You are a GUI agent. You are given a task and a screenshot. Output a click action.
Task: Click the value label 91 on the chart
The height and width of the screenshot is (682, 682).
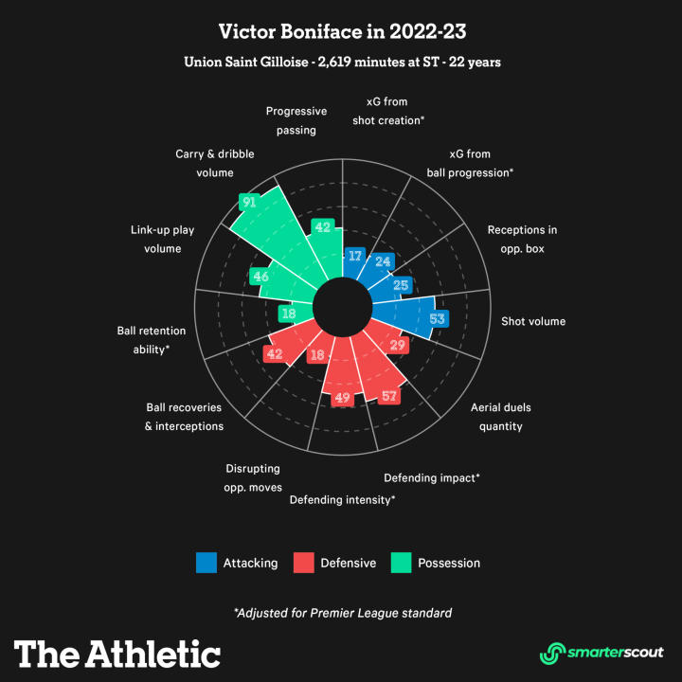point(249,202)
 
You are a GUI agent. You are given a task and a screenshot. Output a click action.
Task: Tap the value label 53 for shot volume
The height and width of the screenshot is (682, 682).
point(437,319)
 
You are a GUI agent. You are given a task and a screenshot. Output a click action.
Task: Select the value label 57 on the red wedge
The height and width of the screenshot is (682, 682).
point(388,396)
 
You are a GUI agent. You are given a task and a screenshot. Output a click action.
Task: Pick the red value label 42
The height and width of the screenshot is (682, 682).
point(274,353)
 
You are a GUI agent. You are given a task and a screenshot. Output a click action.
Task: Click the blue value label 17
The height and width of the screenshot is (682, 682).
point(355,256)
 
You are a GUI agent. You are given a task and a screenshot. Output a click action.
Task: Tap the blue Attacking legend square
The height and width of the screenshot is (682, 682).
point(206,563)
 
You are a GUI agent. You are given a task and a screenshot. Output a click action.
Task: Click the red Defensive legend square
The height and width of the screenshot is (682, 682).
point(303,563)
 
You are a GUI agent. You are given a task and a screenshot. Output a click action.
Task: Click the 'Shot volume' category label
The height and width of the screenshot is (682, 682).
point(533,321)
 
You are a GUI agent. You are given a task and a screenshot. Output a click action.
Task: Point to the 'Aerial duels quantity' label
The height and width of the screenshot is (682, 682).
point(501,417)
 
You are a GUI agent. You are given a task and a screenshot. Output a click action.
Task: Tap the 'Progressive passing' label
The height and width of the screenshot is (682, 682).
point(296,120)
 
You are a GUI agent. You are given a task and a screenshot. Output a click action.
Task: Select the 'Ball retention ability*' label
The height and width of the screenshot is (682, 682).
point(144,340)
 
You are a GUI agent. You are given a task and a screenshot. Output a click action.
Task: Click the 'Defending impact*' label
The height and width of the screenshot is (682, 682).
point(431,477)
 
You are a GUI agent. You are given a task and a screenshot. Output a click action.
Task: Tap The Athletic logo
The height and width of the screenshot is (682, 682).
point(117,653)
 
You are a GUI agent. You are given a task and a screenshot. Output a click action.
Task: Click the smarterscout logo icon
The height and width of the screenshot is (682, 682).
point(551,653)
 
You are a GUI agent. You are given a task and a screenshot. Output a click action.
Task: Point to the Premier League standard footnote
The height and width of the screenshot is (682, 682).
point(342,613)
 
